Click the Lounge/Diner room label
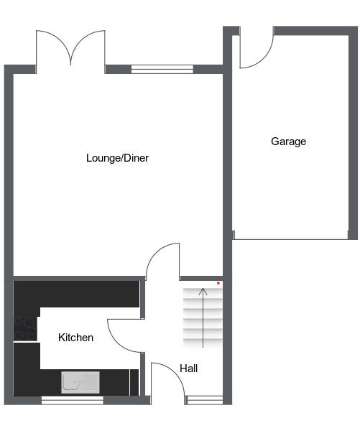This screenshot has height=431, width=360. click(x=117, y=158)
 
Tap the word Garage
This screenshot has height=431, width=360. click(x=288, y=142)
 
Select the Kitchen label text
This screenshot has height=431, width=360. click(x=75, y=338)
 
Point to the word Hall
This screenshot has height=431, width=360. click(x=189, y=369)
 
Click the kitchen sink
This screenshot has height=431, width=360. click(x=80, y=382)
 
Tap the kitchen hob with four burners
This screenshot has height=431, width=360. click(x=25, y=328)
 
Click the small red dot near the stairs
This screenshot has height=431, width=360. click(x=218, y=283)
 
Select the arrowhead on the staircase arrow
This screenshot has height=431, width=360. click(x=203, y=292)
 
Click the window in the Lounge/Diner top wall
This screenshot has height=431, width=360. click(x=162, y=69)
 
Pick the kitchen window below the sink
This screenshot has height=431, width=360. click(x=73, y=400)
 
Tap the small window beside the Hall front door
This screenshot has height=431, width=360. click(x=204, y=400)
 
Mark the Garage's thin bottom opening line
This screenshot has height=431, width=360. click(x=290, y=239)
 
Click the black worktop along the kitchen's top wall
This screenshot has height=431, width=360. click(x=76, y=294)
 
